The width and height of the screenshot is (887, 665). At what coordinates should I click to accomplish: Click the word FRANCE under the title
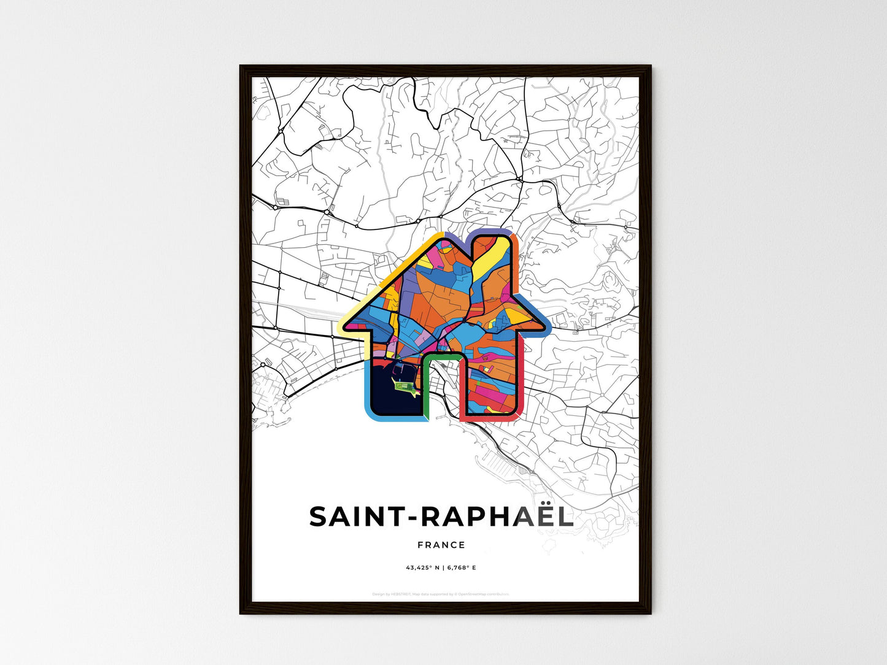pyautogui.click(x=441, y=545)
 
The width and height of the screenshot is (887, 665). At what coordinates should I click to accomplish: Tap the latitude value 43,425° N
pyautogui.click(x=421, y=568)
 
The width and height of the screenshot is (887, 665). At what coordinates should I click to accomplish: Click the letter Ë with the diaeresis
pyautogui.click(x=538, y=517)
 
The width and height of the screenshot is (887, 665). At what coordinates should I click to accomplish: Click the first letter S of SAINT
pyautogui.click(x=320, y=517)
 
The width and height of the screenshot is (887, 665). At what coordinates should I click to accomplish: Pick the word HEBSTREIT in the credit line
pyautogui.click(x=401, y=594)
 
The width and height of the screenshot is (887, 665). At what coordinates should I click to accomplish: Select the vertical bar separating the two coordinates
pyautogui.click(x=442, y=568)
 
